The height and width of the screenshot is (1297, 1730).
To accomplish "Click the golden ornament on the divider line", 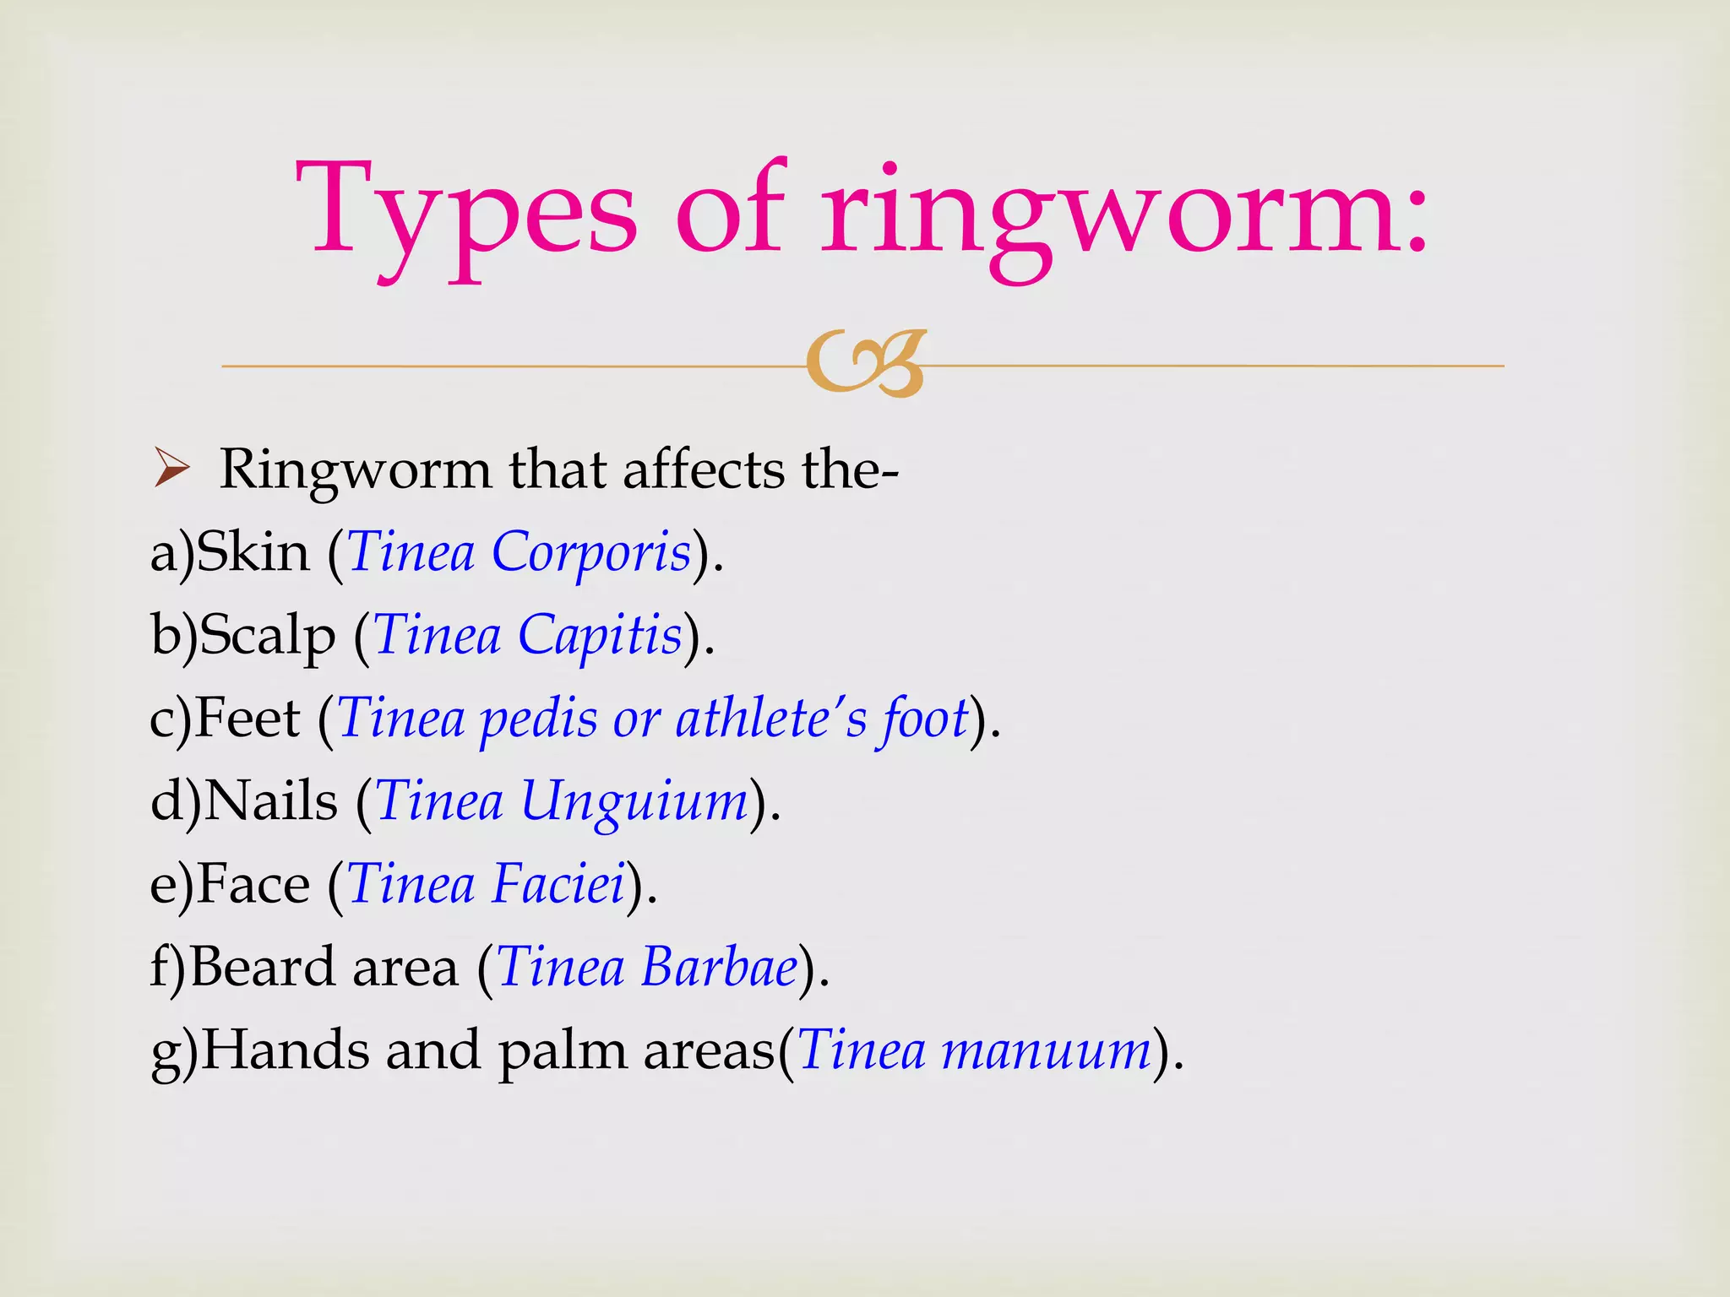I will [x=867, y=363].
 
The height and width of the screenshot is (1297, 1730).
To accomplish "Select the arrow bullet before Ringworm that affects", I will [x=172, y=469].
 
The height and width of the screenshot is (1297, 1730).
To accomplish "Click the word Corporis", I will [x=591, y=553].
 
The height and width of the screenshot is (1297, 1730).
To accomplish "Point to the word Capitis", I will [x=600, y=635].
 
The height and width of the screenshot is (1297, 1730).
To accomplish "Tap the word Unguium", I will [x=634, y=801].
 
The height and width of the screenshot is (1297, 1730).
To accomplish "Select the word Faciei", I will [x=558, y=884].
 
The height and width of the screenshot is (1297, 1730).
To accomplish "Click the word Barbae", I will [x=719, y=967].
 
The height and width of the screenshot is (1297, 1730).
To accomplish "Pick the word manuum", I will [x=1047, y=1050].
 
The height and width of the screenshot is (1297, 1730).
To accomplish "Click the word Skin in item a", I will [x=253, y=553].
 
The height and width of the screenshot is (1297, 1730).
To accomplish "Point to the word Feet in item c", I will [x=248, y=719].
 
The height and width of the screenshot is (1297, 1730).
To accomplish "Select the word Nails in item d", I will [x=271, y=801].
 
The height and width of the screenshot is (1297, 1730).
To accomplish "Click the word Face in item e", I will [x=253, y=884].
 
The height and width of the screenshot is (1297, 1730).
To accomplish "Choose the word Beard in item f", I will [x=263, y=967].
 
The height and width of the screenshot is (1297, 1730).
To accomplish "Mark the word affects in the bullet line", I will [x=704, y=469].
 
